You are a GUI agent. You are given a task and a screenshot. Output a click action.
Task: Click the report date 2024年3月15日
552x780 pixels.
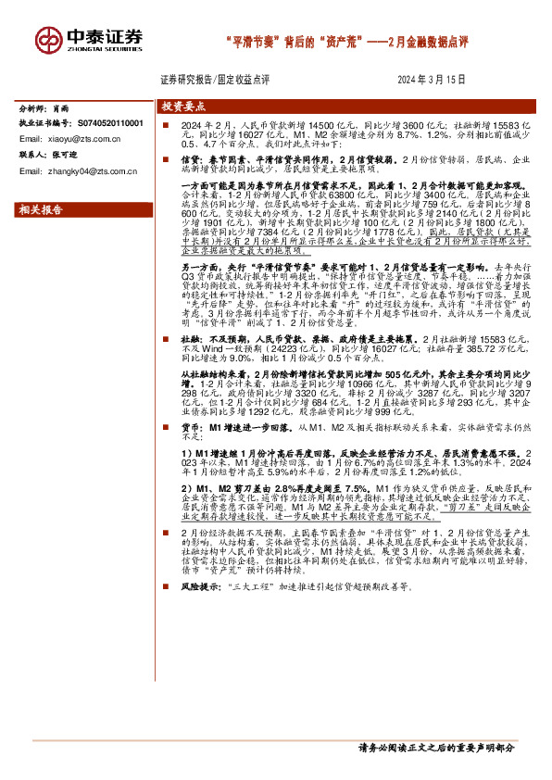click(430, 81)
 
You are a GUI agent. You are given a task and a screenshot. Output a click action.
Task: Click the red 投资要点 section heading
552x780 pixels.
click(182, 107)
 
